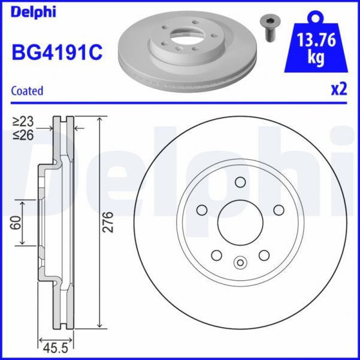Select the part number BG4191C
pos(57,52)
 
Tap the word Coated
pos(28,91)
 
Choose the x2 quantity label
pos(339,90)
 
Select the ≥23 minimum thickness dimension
pos(25,122)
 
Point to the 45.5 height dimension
pos(55,347)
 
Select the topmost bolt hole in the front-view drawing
pos(240,183)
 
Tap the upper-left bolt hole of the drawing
pos(202,210)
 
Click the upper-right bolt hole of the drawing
pos(279,210)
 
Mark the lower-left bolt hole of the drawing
pos(216,255)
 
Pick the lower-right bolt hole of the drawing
pos(264,255)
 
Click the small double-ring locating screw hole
pos(240,261)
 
